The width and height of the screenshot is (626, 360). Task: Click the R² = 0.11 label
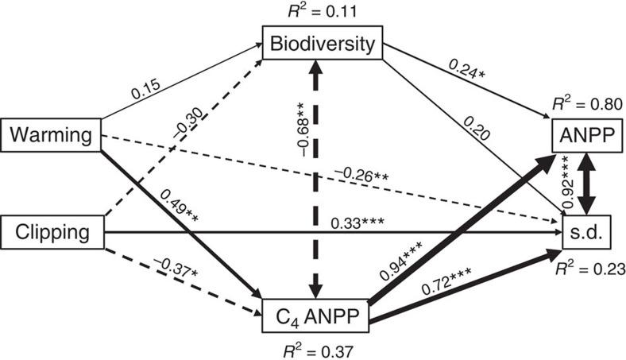pos(322,12)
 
